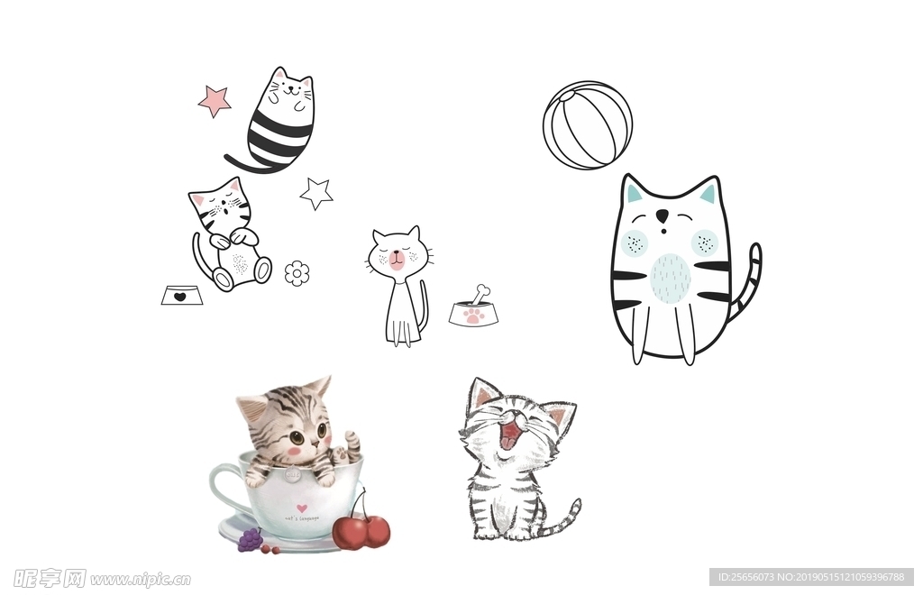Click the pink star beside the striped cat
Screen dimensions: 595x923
[x=215, y=100]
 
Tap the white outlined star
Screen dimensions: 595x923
[x=316, y=193]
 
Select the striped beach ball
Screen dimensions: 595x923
[x=587, y=125]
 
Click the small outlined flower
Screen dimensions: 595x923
[x=297, y=272]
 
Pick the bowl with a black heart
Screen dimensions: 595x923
[x=181, y=295]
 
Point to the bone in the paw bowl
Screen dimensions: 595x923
[x=480, y=294]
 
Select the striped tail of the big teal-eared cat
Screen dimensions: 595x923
[x=749, y=279]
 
